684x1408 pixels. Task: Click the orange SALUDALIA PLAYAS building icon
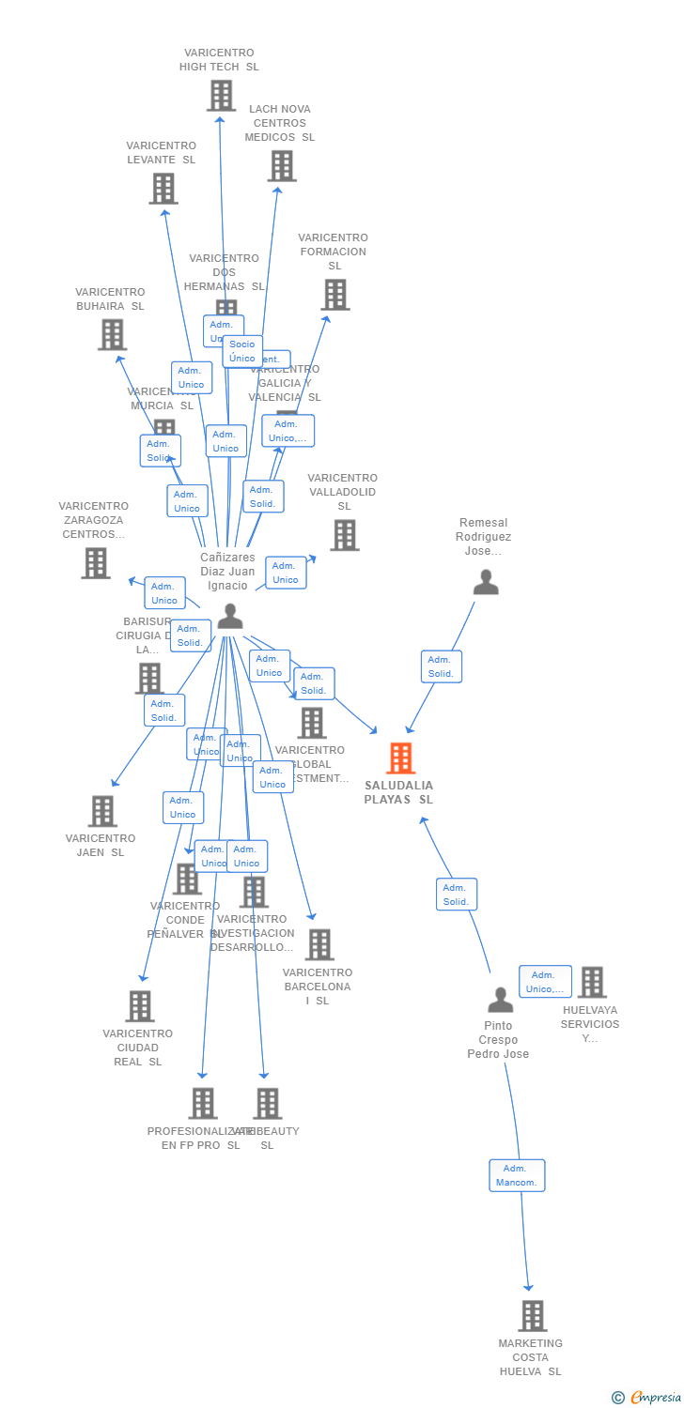(401, 758)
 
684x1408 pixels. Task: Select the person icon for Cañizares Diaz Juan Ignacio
(230, 617)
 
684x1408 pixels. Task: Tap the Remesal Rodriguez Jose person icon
(486, 583)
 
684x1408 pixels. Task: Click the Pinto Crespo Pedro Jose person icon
(500, 1000)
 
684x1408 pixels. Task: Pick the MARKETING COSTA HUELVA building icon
(532, 1316)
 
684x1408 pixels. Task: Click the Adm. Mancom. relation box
(517, 1175)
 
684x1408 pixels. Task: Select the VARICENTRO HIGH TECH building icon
(221, 96)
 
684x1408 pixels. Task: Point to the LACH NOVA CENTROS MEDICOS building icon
(281, 166)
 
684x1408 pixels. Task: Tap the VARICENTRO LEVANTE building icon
(163, 189)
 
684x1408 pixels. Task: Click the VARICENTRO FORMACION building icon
(334, 295)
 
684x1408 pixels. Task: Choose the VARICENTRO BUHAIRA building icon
(112, 334)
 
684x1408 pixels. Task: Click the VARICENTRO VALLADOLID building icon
(345, 535)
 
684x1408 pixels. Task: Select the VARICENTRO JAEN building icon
(101, 811)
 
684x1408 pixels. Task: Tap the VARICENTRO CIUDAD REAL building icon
(140, 1006)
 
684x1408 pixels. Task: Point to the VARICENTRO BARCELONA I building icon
(319, 945)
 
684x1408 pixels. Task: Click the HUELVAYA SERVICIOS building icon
(591, 983)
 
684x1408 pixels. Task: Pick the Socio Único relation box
(242, 351)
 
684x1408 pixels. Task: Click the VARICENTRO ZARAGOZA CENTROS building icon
(96, 563)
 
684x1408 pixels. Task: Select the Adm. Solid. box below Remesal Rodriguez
(442, 666)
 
